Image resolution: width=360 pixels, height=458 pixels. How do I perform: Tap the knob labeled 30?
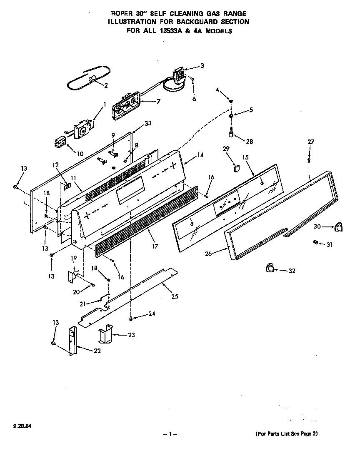pyautogui.click(x=338, y=226)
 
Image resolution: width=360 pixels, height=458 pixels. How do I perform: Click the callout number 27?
pyautogui.click(x=310, y=142)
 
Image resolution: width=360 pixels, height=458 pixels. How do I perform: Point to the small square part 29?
pyautogui.click(x=236, y=169)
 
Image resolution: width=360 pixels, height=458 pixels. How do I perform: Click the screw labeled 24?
pyautogui.click(x=131, y=318)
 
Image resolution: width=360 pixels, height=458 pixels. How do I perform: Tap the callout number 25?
pyautogui.click(x=175, y=297)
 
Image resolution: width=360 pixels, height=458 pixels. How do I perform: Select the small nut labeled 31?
pyautogui.click(x=316, y=242)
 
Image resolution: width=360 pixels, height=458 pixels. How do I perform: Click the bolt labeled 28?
pyautogui.click(x=230, y=133)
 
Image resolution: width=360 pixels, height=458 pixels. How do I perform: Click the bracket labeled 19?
pyautogui.click(x=73, y=276)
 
